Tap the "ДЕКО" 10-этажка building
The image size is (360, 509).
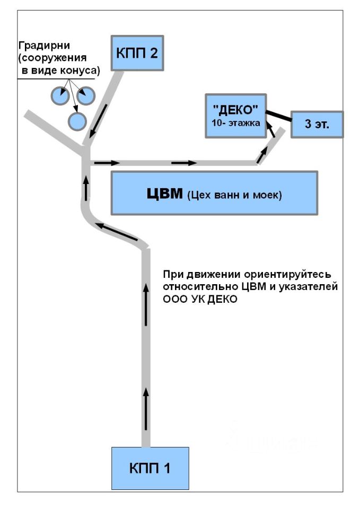[x=235, y=116]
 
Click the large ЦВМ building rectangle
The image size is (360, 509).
[x=214, y=192]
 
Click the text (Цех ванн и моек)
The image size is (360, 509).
[x=234, y=195]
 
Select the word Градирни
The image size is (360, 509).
[x=42, y=46]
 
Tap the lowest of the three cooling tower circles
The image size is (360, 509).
[x=77, y=121]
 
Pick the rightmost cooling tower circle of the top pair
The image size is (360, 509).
[x=85, y=95]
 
